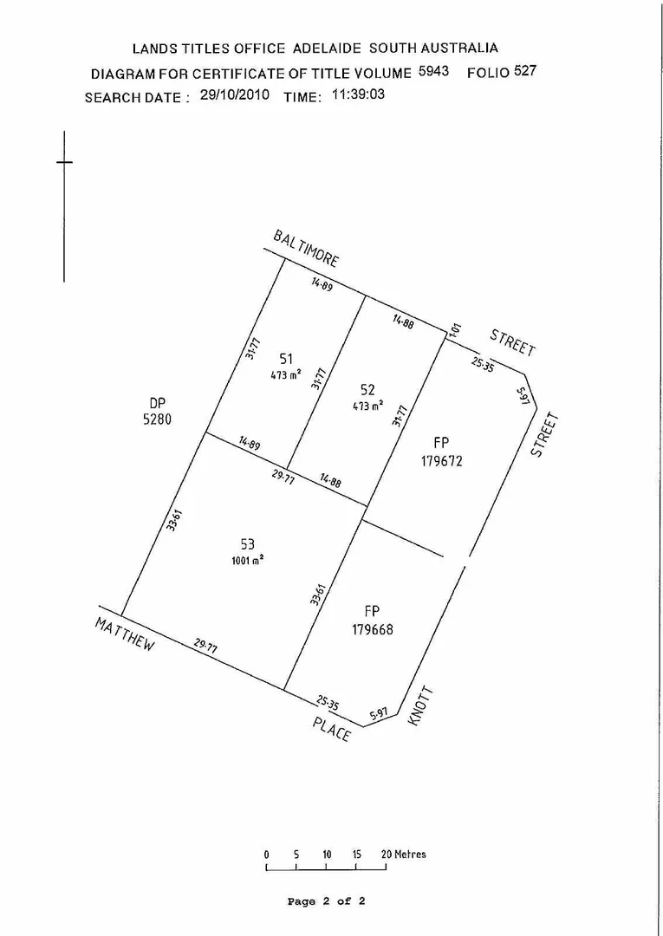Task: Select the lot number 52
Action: pyautogui.click(x=367, y=390)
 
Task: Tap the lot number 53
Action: pyautogui.click(x=247, y=544)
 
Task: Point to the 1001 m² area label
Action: pyautogui.click(x=248, y=560)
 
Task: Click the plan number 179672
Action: pyautogui.click(x=442, y=461)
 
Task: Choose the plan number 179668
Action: pyautogui.click(x=373, y=630)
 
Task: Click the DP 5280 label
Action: pyautogui.click(x=157, y=410)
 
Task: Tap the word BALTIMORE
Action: pyautogui.click(x=306, y=248)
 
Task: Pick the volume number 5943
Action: pyautogui.click(x=433, y=71)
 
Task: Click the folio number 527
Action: pyautogui.click(x=525, y=71)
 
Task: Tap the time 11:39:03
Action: pyautogui.click(x=358, y=94)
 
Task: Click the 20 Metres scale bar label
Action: pyautogui.click(x=404, y=855)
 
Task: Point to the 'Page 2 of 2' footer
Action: pyautogui.click(x=326, y=901)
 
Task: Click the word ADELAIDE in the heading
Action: pyautogui.click(x=326, y=48)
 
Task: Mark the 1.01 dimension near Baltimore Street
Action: pyautogui.click(x=456, y=330)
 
